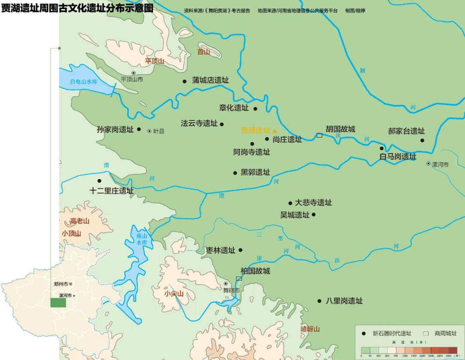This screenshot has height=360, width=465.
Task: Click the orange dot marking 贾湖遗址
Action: (x=275, y=131)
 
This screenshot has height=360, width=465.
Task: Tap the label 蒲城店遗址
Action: (x=210, y=80)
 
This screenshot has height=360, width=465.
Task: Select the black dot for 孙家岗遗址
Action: (x=139, y=129)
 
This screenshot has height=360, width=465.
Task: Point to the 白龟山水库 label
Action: (x=84, y=82)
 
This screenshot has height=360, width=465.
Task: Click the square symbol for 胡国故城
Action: (x=319, y=135)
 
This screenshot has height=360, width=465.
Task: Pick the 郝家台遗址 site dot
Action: (x=422, y=140)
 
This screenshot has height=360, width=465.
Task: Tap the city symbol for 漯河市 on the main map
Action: (x=428, y=163)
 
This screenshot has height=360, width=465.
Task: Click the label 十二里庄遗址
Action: (x=111, y=191)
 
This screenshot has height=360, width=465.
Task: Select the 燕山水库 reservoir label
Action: (x=142, y=239)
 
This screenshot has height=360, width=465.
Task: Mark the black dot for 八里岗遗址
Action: (x=319, y=301)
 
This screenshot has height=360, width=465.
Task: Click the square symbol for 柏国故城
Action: (x=239, y=279)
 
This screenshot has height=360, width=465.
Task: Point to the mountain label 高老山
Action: (x=80, y=222)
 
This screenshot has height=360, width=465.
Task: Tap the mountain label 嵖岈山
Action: (x=310, y=329)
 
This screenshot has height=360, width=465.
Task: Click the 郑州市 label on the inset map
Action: (x=61, y=284)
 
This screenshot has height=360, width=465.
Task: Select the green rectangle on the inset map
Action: (x=58, y=302)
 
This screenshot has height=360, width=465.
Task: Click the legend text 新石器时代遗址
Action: (x=392, y=333)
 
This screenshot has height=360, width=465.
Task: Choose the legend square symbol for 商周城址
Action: (x=426, y=333)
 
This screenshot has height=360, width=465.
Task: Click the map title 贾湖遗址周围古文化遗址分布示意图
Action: (x=77, y=8)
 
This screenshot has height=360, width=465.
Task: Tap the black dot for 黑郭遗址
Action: (x=235, y=173)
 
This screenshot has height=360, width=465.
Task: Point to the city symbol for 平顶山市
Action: (x=133, y=73)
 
